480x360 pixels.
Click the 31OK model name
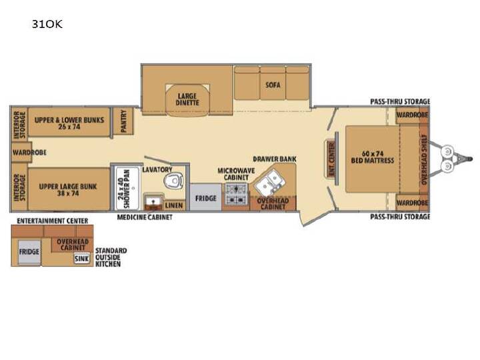coord(47,24)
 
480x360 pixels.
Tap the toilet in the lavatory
coord(173,181)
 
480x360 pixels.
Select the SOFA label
coord(273,85)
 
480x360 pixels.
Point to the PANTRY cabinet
coord(123,121)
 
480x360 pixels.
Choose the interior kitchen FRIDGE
coord(206,197)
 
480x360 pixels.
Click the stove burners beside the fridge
coord(236,195)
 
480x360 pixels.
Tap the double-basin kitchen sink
coord(270,182)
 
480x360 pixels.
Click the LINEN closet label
coord(174,205)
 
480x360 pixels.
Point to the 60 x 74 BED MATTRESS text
coord(373,157)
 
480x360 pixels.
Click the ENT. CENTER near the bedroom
coord(331,159)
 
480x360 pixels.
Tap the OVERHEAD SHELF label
coord(424,159)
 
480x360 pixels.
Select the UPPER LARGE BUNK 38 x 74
coord(68,189)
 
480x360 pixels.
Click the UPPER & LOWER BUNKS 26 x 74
coord(69,123)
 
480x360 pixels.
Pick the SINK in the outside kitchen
coord(82,259)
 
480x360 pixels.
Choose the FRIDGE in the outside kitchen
coord(29,252)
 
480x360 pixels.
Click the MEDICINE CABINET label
coord(145,217)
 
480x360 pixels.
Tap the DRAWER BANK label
coord(275,159)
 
